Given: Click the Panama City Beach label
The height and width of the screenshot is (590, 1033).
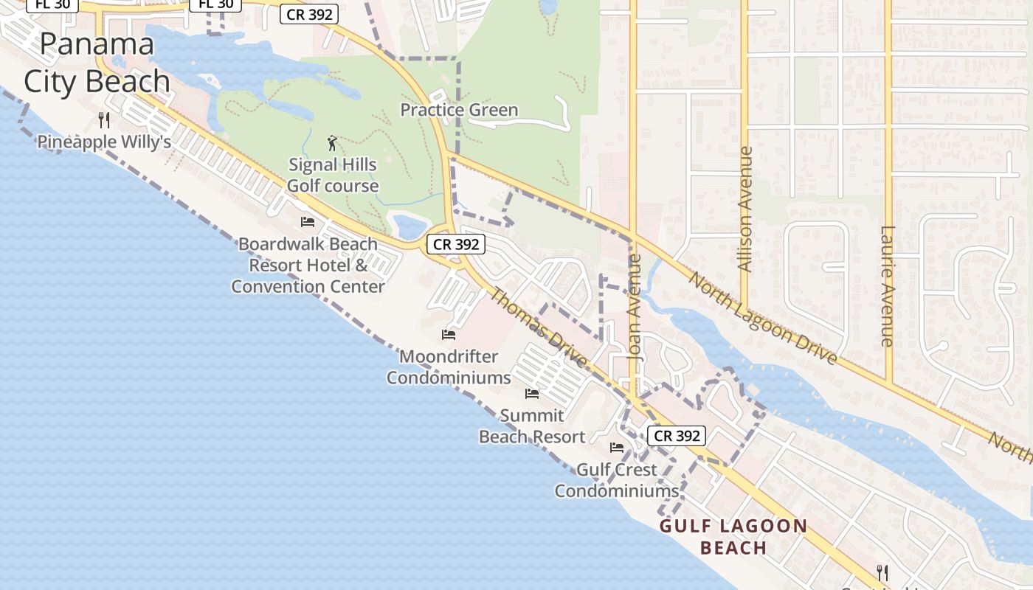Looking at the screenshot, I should click(x=97, y=63).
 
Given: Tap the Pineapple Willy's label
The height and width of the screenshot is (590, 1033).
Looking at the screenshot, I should click(x=104, y=142).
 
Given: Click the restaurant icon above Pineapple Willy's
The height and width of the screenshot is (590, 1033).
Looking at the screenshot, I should click(x=104, y=119).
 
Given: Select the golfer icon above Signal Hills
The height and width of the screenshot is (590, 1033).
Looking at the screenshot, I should click(x=332, y=143).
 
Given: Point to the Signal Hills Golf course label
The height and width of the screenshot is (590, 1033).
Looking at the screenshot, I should click(x=333, y=175).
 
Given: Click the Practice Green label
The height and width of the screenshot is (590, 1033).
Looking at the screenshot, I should click(x=459, y=110).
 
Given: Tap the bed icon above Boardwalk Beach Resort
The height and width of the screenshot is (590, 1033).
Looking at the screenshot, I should click(x=308, y=222).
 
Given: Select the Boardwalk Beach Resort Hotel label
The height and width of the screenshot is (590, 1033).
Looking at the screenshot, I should click(x=308, y=265).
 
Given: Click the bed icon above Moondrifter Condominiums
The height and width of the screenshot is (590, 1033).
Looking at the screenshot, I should click(x=449, y=335).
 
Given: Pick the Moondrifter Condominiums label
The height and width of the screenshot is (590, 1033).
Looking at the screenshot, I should click(x=449, y=367).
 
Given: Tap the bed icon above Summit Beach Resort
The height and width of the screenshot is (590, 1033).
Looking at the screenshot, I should click(x=532, y=394).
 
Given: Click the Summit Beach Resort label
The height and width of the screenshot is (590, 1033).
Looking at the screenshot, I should click(x=532, y=426).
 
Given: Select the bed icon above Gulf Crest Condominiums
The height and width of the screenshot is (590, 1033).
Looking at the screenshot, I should click(x=617, y=448).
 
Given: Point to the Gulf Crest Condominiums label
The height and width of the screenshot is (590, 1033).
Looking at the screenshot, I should click(x=617, y=479).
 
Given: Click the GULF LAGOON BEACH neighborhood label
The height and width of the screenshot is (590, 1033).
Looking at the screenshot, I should click(x=733, y=537).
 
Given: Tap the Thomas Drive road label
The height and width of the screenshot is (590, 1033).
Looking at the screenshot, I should click(x=539, y=328).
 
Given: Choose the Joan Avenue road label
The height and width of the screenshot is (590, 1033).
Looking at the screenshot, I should click(x=635, y=307).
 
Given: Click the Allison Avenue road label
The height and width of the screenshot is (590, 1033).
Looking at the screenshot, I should click(x=745, y=209).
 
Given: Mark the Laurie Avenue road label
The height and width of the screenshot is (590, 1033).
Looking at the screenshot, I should click(x=888, y=286).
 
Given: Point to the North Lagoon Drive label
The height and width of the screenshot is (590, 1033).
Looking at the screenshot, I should click(x=764, y=318).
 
